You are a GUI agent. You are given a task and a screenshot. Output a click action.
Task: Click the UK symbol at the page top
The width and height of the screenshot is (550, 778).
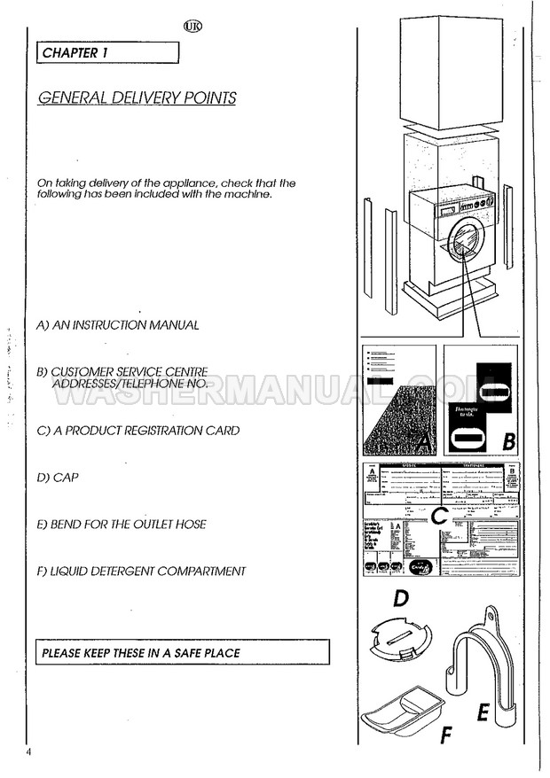(192, 26)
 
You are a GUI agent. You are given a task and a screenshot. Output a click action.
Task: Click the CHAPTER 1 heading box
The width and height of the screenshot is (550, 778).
(107, 52)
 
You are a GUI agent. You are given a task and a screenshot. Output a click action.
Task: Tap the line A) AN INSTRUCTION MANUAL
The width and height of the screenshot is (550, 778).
(118, 325)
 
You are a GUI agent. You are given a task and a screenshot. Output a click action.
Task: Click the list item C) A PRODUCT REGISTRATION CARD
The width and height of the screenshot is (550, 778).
(138, 431)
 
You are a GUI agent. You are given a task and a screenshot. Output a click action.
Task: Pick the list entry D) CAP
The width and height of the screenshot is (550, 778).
(59, 477)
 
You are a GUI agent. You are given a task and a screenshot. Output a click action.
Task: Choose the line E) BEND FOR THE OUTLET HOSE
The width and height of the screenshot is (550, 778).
(122, 524)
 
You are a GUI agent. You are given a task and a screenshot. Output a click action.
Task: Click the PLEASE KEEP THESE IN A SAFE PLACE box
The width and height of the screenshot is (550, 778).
(182, 653)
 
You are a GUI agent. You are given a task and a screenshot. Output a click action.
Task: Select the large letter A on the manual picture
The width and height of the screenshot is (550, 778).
(423, 438)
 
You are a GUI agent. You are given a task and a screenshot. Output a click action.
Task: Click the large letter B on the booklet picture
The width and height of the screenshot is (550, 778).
(508, 440)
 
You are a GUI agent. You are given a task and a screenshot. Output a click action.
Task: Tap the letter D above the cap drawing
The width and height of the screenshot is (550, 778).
(401, 600)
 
